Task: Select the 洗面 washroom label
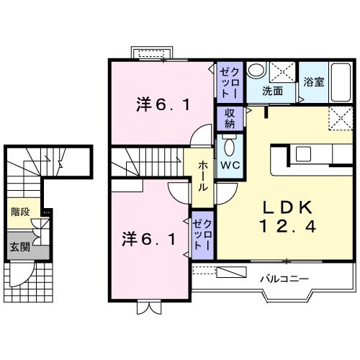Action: point(271,91)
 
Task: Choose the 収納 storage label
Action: point(230,117)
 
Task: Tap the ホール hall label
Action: point(204,175)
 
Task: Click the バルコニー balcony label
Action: point(286,277)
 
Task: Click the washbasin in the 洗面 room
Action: point(256,71)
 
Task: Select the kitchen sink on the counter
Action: point(302,154)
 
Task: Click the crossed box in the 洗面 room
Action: point(284,72)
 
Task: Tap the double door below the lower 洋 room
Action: point(147,307)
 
